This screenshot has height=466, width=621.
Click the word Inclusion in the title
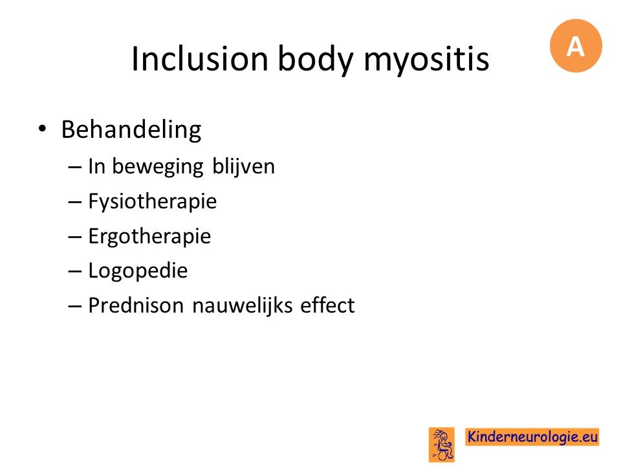pyautogui.click(x=200, y=59)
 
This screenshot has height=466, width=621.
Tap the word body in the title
pyautogui.click(x=316, y=60)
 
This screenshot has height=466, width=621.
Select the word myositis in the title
pyautogui.click(x=426, y=60)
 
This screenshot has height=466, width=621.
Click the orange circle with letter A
pyautogui.click(x=576, y=45)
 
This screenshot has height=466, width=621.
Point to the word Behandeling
pyautogui.click(x=131, y=130)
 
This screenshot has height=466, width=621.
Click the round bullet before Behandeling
pyautogui.click(x=42, y=128)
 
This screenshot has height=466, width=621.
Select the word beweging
pyautogui.click(x=158, y=167)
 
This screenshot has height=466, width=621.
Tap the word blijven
pyautogui.click(x=244, y=167)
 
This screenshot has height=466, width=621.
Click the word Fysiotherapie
pyautogui.click(x=153, y=202)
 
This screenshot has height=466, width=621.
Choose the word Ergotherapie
pyautogui.click(x=149, y=237)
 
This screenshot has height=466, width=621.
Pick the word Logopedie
pyautogui.click(x=138, y=271)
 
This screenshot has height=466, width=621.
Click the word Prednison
pyautogui.click(x=136, y=305)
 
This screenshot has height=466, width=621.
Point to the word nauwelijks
pyautogui.click(x=243, y=306)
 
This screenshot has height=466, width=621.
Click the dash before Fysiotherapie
pyautogui.click(x=74, y=202)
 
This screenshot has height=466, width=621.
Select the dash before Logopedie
pyautogui.click(x=74, y=272)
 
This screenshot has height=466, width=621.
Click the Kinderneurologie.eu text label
pyautogui.click(x=532, y=437)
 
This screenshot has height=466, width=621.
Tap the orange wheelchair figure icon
pyautogui.click(x=442, y=445)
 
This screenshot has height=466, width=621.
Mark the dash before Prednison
pyautogui.click(x=74, y=306)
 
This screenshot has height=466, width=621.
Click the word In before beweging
pyautogui.click(x=96, y=166)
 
